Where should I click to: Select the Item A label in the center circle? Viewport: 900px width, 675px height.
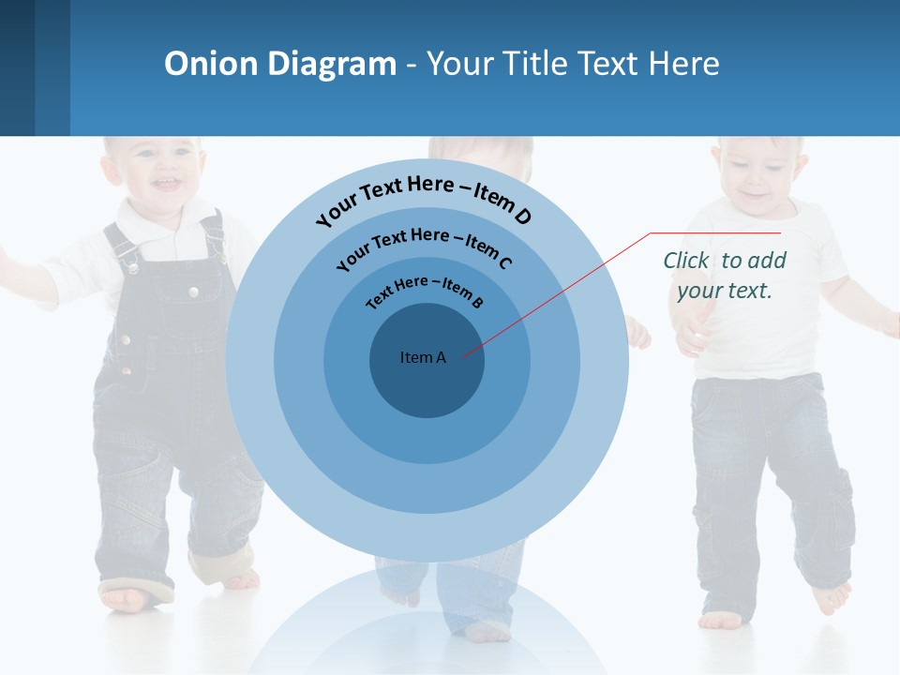423,357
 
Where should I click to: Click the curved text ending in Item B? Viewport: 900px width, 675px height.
425,290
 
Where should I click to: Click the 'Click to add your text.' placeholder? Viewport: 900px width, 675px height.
724,275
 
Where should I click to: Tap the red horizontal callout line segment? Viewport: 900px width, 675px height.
715,232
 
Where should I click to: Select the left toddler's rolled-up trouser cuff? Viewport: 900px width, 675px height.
220,567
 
